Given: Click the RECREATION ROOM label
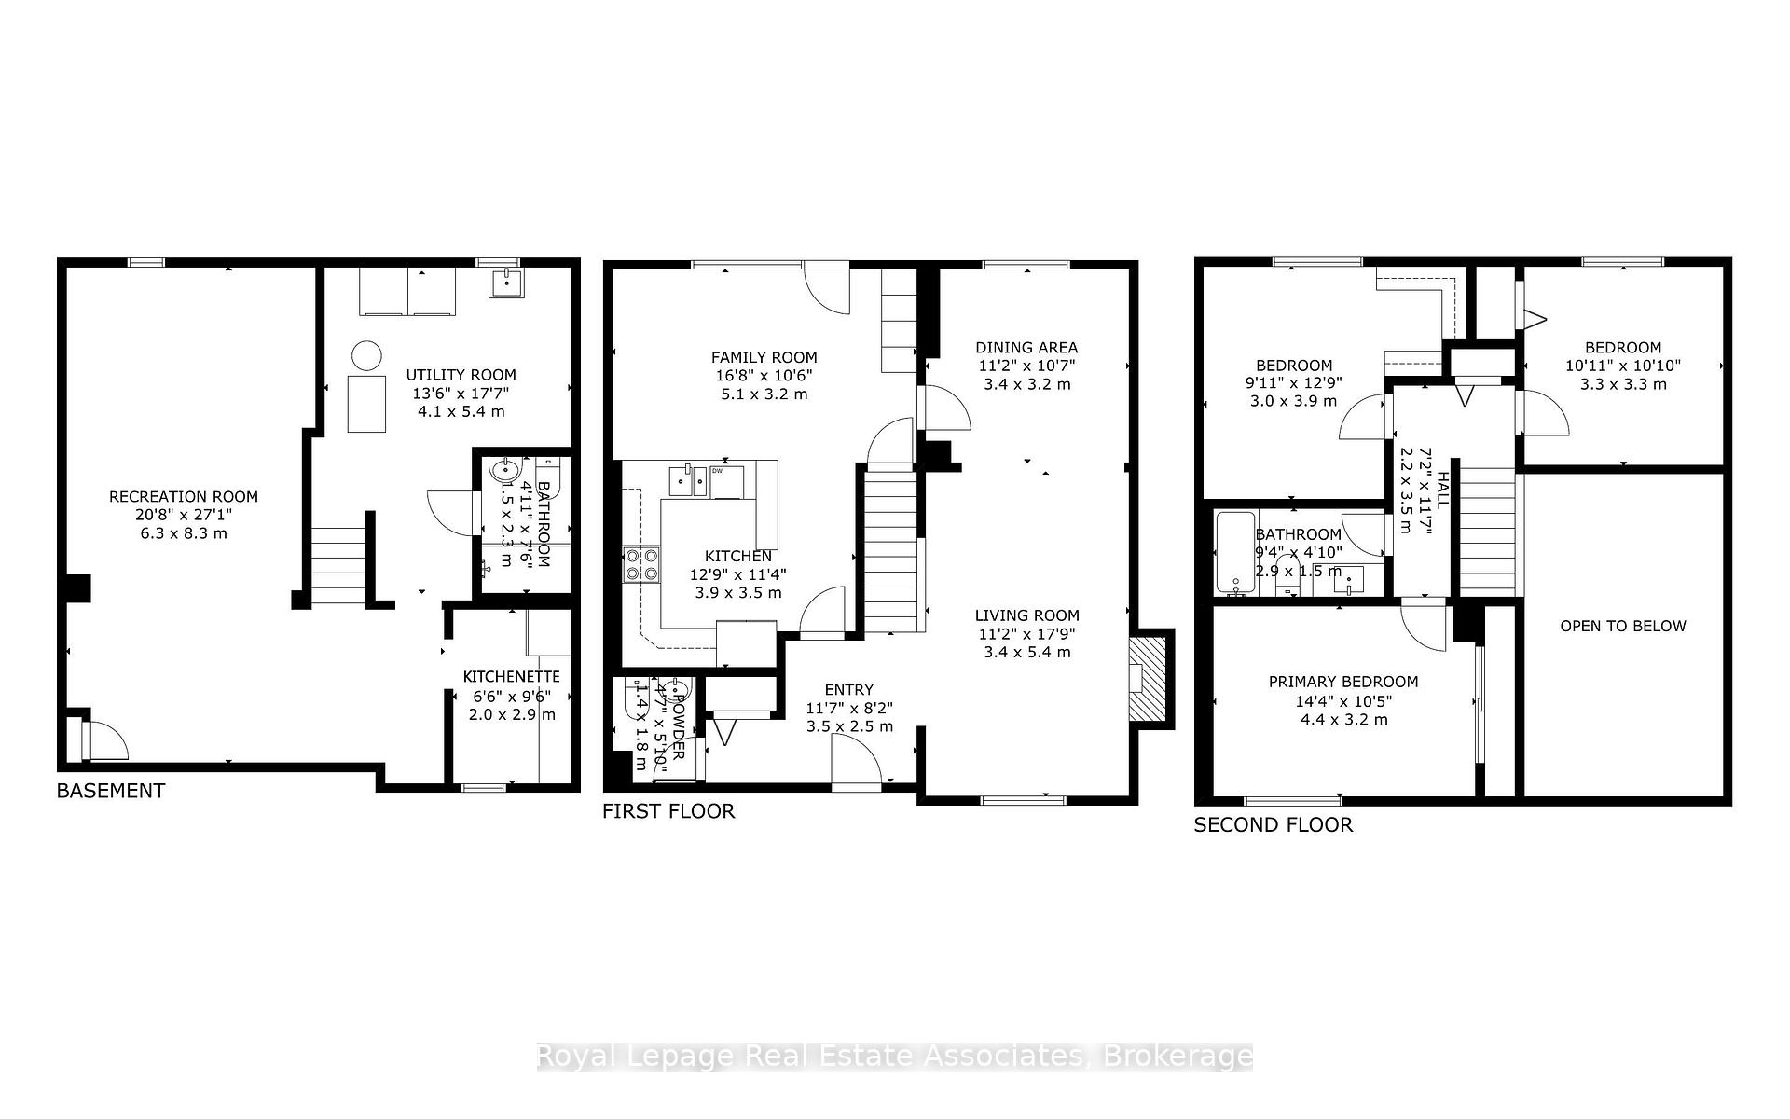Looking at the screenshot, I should [183, 497].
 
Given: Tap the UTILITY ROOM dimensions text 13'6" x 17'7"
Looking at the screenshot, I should [460, 394].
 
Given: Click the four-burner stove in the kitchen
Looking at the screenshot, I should [640, 563].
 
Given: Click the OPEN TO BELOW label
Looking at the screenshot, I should [1622, 627].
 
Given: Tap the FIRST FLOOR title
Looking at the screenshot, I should [668, 811].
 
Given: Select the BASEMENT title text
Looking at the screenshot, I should [110, 791].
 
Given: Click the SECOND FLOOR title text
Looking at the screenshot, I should [1273, 825].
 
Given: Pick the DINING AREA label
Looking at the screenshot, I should [1026, 348].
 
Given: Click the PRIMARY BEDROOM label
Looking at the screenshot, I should [1342, 683].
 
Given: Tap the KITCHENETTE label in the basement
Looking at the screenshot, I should [511, 677].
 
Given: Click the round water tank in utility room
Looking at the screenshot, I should [366, 355].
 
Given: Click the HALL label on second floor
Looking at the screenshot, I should [1442, 490].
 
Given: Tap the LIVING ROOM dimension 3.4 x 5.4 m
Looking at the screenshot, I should [1026, 652].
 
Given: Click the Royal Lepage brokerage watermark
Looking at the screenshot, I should [894, 1057].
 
